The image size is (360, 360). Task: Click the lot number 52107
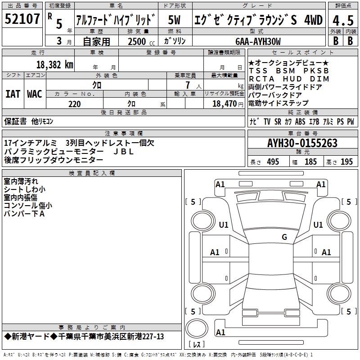(x=22, y=19)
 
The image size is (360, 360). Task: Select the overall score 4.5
(x=343, y=20)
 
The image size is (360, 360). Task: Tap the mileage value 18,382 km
(x=54, y=65)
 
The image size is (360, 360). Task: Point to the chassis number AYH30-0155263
(x=302, y=143)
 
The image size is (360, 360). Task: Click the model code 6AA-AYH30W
(x=258, y=41)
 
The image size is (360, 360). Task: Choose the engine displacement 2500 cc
(x=141, y=41)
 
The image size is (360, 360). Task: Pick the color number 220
(x=75, y=104)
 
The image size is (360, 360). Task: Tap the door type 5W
(x=174, y=20)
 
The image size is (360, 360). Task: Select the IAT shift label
(x=13, y=94)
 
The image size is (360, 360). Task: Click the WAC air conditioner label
(x=35, y=94)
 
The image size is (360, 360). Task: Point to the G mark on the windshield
(x=284, y=237)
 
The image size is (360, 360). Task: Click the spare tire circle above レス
(x=197, y=328)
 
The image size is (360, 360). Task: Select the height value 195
(x=346, y=162)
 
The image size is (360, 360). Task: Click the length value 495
(x=273, y=162)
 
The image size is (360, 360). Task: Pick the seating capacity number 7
(x=188, y=85)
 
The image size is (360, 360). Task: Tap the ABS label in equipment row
(x=300, y=121)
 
